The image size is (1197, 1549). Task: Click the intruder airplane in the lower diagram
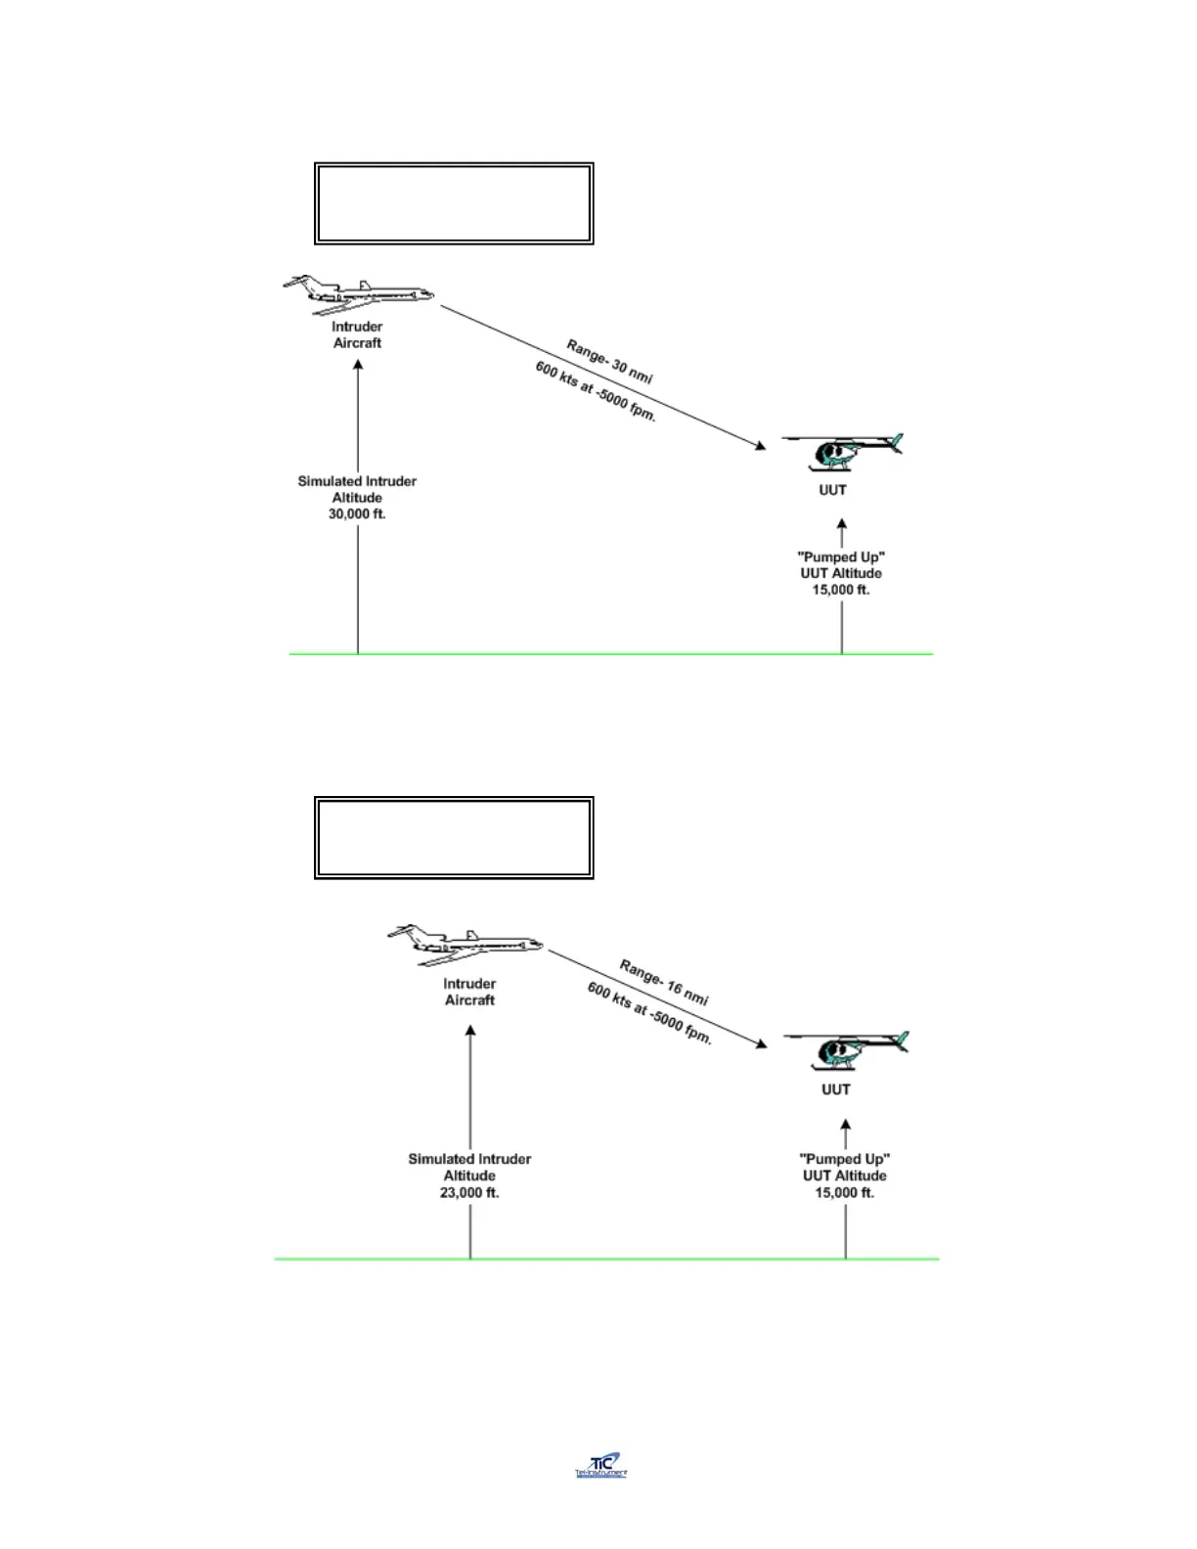465,944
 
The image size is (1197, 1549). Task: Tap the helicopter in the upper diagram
841,451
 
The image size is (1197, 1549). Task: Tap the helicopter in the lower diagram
845,1048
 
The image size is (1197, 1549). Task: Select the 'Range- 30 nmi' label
609,362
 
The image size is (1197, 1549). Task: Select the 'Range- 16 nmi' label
663,982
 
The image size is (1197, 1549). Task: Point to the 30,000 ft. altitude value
357,514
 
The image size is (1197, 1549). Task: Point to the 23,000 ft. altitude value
469,1193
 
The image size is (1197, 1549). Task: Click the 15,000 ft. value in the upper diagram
841,590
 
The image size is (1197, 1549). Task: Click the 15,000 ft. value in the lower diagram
845,1193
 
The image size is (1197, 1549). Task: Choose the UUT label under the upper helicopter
832,490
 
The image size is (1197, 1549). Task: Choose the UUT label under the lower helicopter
836,1089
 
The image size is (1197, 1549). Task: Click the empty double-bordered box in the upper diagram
454,203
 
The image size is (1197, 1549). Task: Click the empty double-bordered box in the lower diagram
454,837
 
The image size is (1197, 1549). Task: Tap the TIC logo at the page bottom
600,1465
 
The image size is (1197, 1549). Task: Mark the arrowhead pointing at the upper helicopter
760,446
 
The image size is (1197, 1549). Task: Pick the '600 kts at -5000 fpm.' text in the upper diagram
595,391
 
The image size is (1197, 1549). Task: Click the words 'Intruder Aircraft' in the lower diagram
469,992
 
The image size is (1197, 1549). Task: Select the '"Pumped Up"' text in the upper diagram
841,556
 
